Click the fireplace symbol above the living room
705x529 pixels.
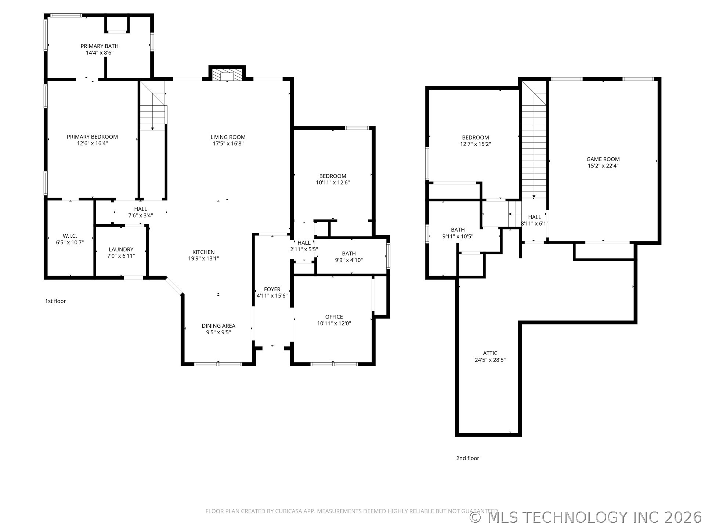(227, 75)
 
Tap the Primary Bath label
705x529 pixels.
(100, 46)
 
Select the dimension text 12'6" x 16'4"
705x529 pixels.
(92, 143)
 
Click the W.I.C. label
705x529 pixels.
(70, 236)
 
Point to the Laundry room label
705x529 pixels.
(121, 249)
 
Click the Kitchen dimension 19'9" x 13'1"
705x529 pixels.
(203, 259)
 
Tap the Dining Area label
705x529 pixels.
(218, 326)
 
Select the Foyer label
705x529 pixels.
(272, 289)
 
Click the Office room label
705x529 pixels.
(334, 317)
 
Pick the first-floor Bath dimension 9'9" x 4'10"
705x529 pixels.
(349, 260)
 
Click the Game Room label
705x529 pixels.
(603, 159)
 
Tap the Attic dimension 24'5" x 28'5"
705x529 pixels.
(490, 360)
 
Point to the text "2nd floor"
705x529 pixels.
(467, 458)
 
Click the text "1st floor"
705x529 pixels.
(55, 301)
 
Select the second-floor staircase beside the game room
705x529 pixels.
(534, 147)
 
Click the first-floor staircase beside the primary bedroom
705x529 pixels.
(153, 110)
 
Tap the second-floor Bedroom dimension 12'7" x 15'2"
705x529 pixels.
(476, 144)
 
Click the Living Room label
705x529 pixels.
(228, 137)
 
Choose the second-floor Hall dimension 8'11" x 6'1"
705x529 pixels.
(534, 223)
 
